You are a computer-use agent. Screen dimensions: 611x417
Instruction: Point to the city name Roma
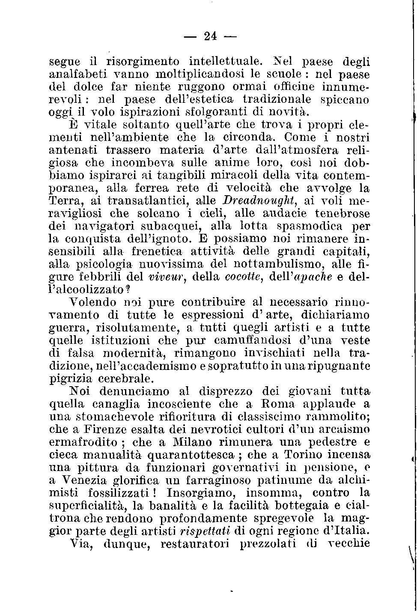tap(278, 404)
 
